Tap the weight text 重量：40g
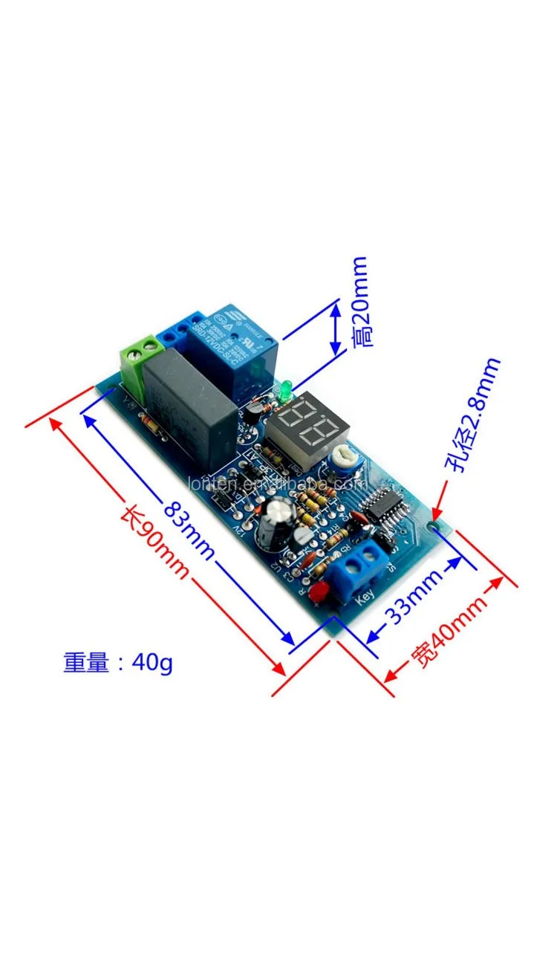pyautogui.click(x=118, y=662)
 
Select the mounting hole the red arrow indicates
pyautogui.click(x=434, y=524)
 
